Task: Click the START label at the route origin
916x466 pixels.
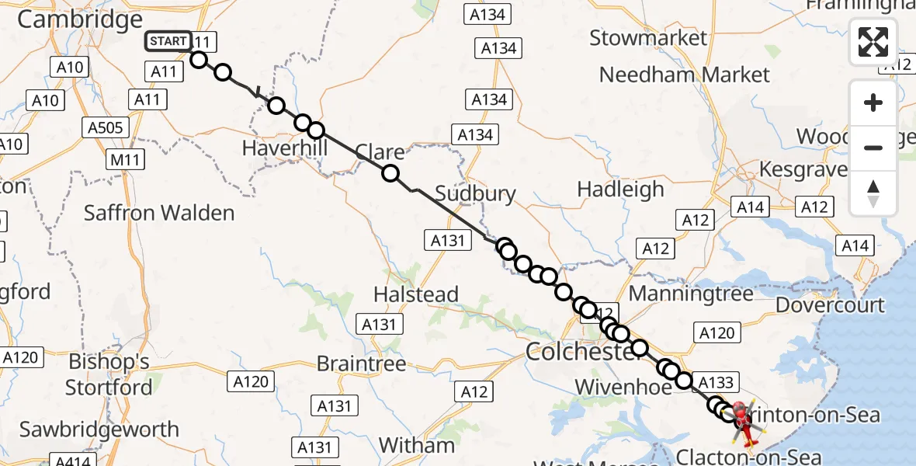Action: pyautogui.click(x=168, y=41)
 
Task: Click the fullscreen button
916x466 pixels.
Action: pyautogui.click(x=873, y=42)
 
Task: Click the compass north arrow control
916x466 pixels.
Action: pyautogui.click(x=873, y=193)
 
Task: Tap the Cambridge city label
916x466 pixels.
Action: pyautogui.click(x=80, y=19)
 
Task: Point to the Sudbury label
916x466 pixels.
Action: pyautogui.click(x=475, y=193)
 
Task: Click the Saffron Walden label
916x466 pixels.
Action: pyautogui.click(x=158, y=212)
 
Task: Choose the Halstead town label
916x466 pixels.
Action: pyautogui.click(x=416, y=294)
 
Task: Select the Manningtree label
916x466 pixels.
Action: pyautogui.click(x=691, y=294)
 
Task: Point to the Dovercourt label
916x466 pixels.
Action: pyautogui.click(x=830, y=304)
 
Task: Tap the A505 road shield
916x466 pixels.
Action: pyautogui.click(x=106, y=127)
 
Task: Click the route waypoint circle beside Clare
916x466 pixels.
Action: pyautogui.click(x=390, y=173)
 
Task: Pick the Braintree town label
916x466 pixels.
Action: pyautogui.click(x=362, y=363)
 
